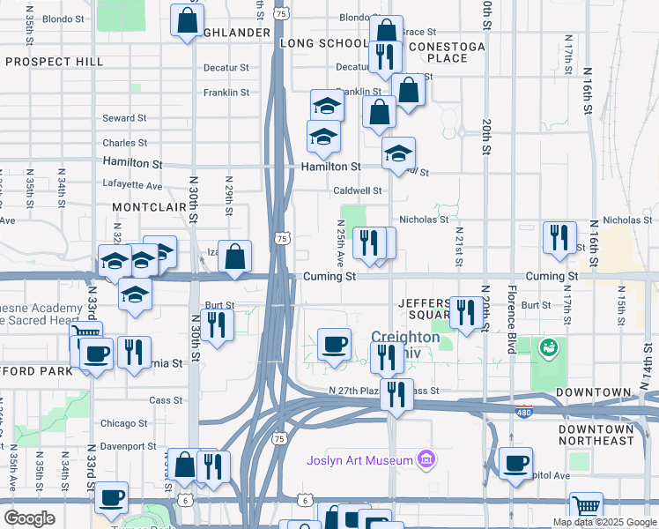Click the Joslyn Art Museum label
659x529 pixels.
pyautogui.click(x=359, y=460)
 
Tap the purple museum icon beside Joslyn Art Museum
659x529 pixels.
pyautogui.click(x=426, y=458)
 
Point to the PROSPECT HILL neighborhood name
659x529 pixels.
pyautogui.click(x=54, y=62)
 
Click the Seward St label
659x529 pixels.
pyautogui.click(x=124, y=118)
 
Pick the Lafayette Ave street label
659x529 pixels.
pyautogui.click(x=132, y=186)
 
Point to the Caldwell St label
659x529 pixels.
pyautogui.click(x=357, y=190)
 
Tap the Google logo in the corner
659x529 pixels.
pyautogui.click(x=29, y=518)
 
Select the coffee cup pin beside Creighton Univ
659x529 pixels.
pyautogui.click(x=334, y=344)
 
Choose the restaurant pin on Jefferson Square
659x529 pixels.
pyautogui.click(x=466, y=313)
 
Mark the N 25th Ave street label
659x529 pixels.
pyautogui.click(x=341, y=246)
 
